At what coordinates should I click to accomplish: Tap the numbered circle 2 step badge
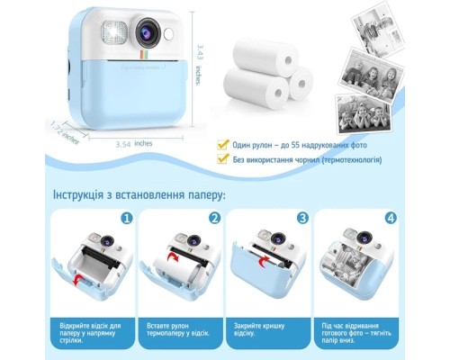(x=214, y=218)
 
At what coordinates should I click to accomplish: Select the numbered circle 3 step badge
(x=302, y=218)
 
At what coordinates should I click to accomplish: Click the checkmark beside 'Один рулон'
(x=221, y=144)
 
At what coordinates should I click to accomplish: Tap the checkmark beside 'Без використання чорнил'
(x=221, y=159)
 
